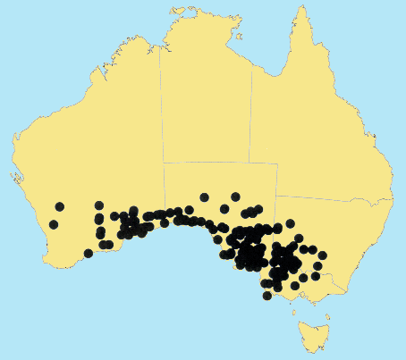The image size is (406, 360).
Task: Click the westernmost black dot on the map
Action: pos(54,224)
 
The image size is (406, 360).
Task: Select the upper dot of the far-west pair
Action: pos(60,207)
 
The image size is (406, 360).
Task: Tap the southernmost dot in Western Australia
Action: pos(89,254)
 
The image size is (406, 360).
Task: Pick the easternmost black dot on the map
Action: pos(323,255)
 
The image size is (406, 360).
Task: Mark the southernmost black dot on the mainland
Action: pos(266,295)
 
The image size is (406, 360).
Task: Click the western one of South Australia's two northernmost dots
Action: pos(205,197)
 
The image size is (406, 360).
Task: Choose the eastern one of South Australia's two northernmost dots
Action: pos(235,197)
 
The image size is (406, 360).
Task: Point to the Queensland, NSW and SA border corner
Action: pos(275,197)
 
